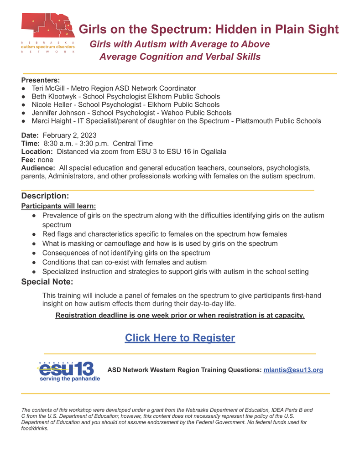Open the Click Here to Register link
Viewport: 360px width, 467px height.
(180, 338)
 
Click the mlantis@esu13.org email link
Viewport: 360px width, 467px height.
(293, 370)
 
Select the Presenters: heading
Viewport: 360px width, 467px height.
(41, 80)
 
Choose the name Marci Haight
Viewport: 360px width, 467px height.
(50, 121)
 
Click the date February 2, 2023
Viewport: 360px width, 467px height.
(69, 135)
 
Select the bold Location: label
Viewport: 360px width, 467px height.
(37, 152)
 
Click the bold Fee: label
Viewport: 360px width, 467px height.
(28, 160)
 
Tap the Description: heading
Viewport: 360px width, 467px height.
(45, 196)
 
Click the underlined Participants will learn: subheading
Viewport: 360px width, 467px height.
(58, 206)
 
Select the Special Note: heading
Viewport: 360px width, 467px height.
(47, 282)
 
